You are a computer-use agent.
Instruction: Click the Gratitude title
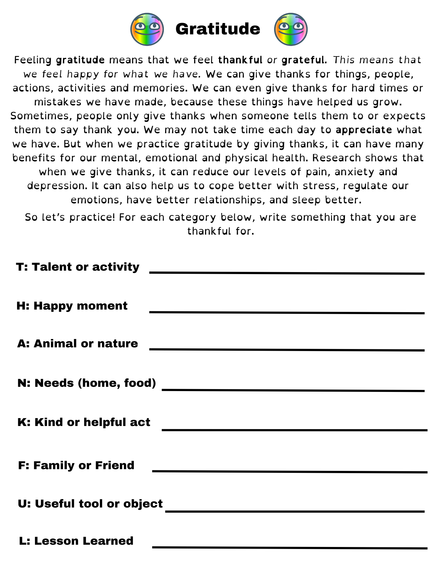click(218, 29)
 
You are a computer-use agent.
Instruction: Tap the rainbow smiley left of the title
click(147, 29)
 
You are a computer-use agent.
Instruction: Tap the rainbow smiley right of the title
click(291, 29)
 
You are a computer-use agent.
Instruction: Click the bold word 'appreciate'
click(364, 130)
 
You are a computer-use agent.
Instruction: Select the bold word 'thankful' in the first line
click(240, 60)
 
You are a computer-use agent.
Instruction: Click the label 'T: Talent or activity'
click(78, 267)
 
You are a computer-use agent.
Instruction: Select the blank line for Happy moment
click(287, 312)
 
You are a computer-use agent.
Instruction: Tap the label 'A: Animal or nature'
click(78, 344)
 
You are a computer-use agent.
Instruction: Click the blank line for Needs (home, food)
click(293, 390)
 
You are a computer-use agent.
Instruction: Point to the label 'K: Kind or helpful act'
click(84, 422)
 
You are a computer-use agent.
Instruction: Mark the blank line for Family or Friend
click(290, 472)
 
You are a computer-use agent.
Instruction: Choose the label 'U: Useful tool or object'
click(90, 504)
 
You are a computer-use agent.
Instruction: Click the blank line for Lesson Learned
click(290, 547)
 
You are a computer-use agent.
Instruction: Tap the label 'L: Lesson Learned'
click(76, 541)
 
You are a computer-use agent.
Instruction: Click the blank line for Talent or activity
click(287, 273)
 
